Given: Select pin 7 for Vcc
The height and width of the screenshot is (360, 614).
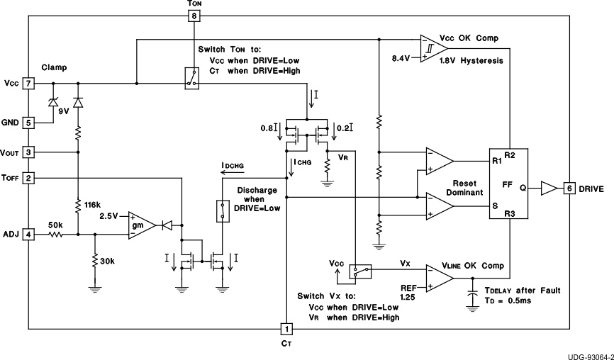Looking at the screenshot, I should click(28, 83).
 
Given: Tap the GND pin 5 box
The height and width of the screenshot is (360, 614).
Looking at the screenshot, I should click(28, 123).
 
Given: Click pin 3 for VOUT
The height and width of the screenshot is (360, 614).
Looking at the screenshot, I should click(28, 152).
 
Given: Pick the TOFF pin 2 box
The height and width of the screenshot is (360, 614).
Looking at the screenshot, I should click(28, 177).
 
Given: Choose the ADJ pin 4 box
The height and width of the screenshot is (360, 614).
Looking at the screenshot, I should click(28, 233).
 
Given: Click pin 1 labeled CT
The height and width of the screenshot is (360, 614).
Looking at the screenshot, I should click(286, 329).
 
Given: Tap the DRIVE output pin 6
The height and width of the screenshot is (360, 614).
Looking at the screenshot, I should click(569, 189).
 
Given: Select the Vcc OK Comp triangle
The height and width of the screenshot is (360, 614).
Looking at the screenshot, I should click(432, 48).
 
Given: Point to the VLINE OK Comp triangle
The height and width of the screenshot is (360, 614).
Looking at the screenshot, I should click(438, 278).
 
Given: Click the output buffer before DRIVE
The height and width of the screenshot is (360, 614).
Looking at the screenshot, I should click(548, 189).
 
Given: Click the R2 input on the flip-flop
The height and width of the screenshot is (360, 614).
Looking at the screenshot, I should click(509, 154).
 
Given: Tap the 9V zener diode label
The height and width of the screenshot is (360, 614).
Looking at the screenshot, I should click(64, 111).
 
